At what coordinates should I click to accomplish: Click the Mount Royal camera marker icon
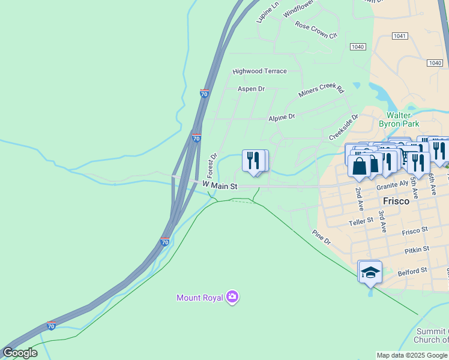tap(232, 297)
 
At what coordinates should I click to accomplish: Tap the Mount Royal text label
tap(199, 298)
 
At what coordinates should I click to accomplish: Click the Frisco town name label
tap(396, 201)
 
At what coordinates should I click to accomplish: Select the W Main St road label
tap(220, 186)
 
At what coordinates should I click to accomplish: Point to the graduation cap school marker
tap(370, 272)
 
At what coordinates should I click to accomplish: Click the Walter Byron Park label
tap(399, 119)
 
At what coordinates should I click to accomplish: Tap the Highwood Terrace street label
tap(260, 71)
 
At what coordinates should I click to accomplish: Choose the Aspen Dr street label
tap(251, 89)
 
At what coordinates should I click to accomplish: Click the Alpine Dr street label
tap(282, 117)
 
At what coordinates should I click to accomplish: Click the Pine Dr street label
tap(321, 237)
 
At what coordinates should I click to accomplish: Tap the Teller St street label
tap(361, 222)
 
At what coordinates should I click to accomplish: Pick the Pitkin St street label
tap(417, 248)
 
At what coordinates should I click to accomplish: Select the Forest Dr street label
tap(212, 164)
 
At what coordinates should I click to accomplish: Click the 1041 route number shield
tap(400, 36)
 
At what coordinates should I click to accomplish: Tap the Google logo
tap(20, 353)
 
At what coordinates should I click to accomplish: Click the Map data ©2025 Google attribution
tap(412, 355)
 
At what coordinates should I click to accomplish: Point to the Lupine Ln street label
tap(268, 12)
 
